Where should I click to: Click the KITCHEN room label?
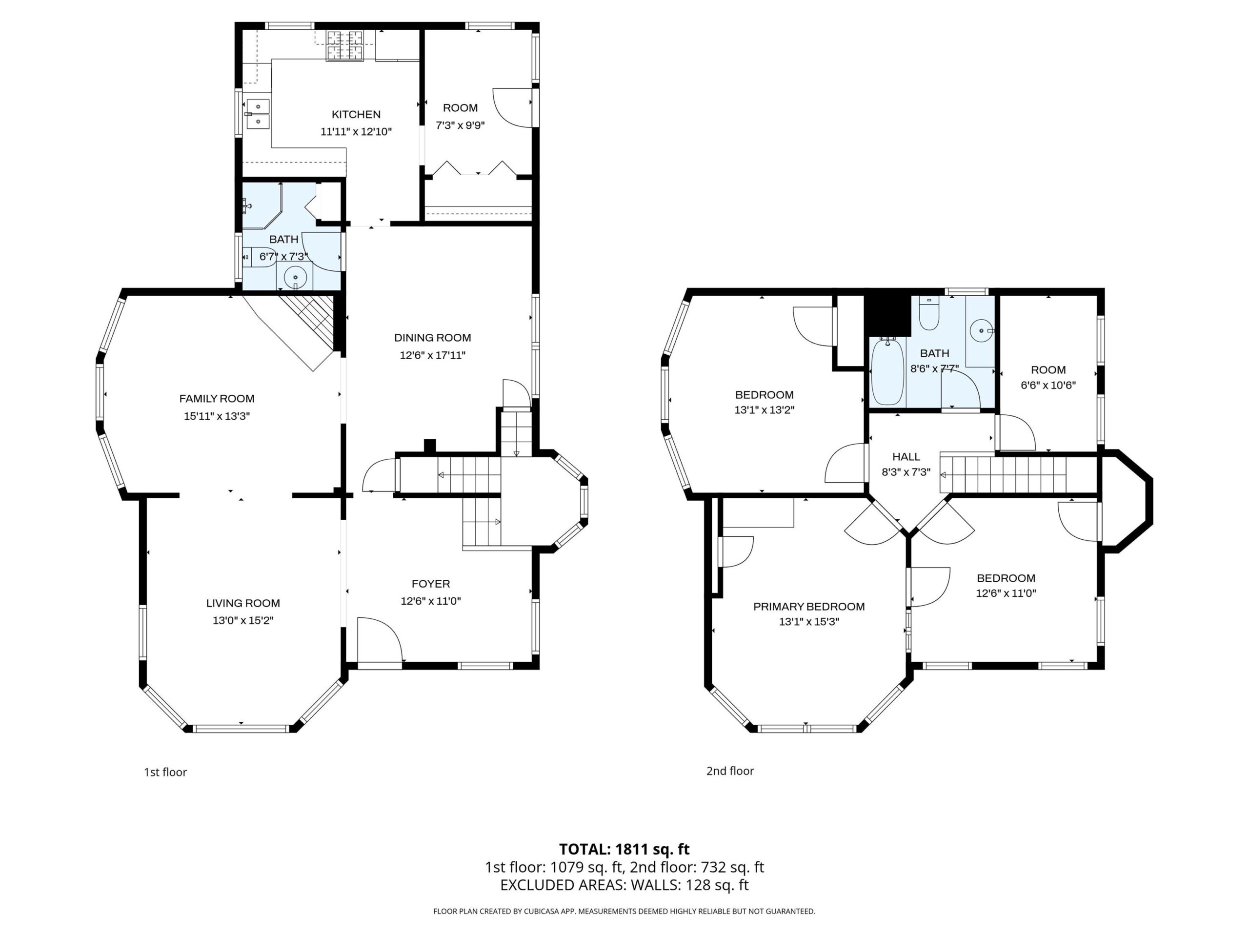pos(356,114)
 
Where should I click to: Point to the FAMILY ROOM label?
pos(217,399)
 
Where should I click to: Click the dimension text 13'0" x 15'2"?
pos(243,620)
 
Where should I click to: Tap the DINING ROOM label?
pos(433,338)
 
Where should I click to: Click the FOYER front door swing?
pos(380,639)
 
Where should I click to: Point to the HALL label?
pos(907,456)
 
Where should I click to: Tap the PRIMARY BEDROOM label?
pos(808,607)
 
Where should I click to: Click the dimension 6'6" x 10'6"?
pos(1048,385)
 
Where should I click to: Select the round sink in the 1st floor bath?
pos(295,277)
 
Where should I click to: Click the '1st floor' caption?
pos(165,772)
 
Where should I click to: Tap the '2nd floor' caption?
pos(730,771)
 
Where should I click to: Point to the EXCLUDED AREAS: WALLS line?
pos(624,885)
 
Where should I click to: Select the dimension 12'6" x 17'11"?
pos(433,355)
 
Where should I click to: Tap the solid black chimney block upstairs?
pos(888,315)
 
